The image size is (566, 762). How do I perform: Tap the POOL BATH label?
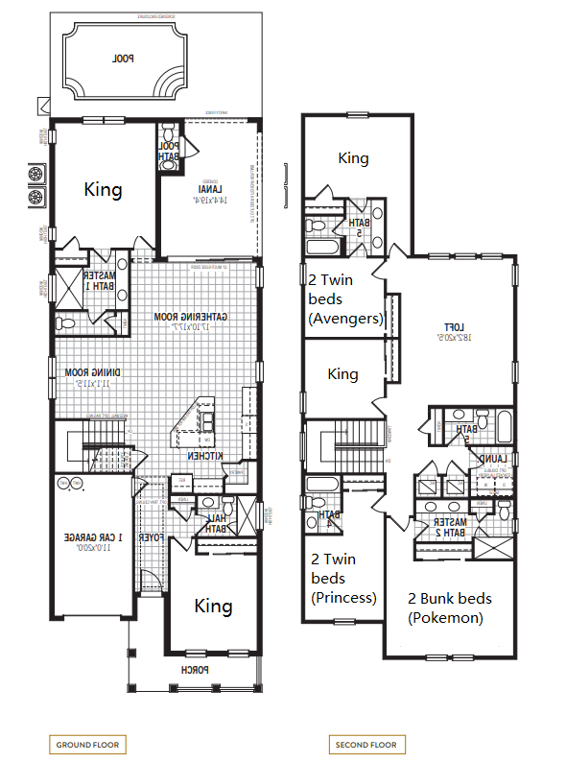click(x=169, y=151)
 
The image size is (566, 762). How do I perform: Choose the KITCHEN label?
click(x=205, y=457)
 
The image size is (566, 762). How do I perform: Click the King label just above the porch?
click(x=213, y=606)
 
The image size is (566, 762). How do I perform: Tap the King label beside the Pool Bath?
click(x=103, y=189)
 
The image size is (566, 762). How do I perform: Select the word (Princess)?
click(x=343, y=597)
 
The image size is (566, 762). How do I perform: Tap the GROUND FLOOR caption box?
click(x=87, y=745)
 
